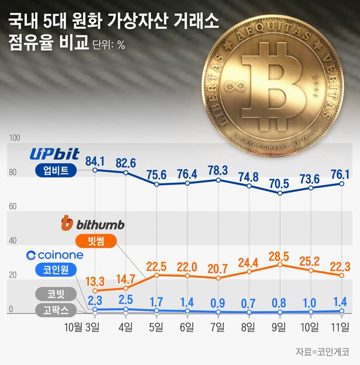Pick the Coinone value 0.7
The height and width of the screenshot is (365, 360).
tap(250, 303)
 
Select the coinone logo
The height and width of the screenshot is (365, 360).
tap(55, 255)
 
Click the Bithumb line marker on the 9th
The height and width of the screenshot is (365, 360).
tap(279, 265)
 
